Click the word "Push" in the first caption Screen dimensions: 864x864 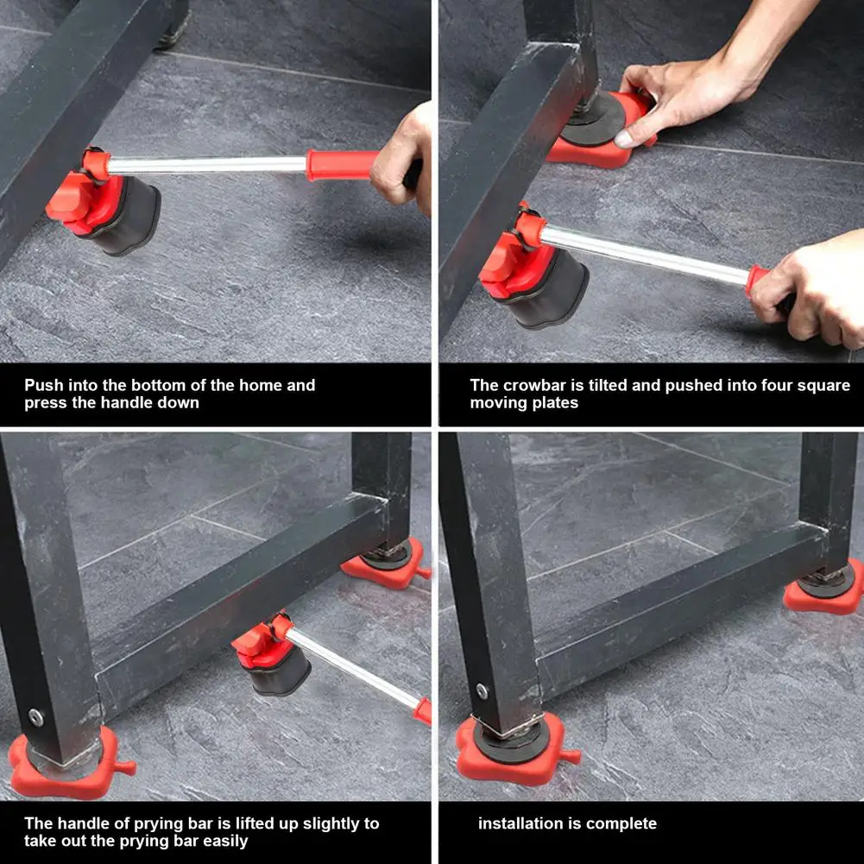(x=43, y=385)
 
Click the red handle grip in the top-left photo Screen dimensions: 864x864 (x=342, y=165)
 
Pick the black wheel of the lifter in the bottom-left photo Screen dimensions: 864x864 (x=280, y=672)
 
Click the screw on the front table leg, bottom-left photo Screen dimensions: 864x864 (x=35, y=717)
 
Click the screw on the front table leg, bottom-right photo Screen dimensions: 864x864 (x=482, y=691)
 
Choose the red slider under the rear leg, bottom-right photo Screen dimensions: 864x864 (x=824, y=590)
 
